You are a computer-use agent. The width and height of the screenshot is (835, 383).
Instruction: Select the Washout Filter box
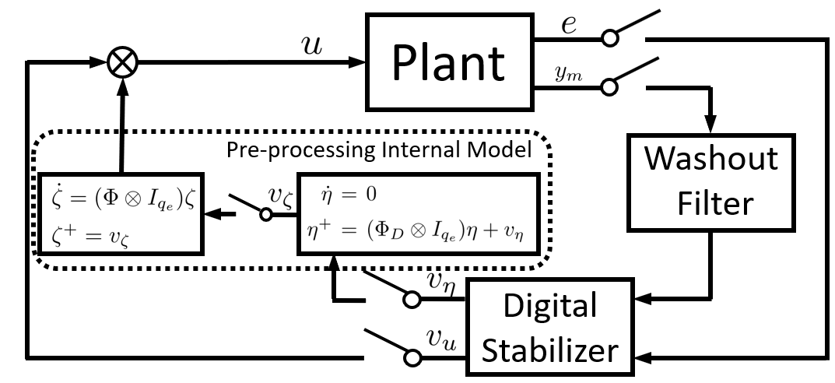[710, 181]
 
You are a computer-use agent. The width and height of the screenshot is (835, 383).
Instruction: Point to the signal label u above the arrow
[312, 44]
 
